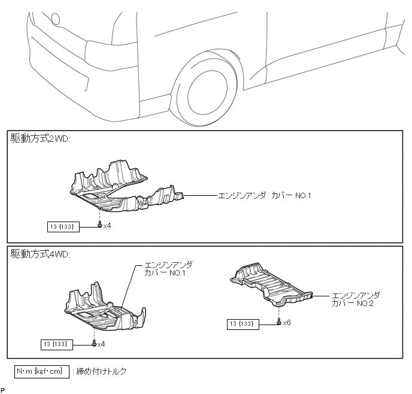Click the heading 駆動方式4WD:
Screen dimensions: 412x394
[x=41, y=254]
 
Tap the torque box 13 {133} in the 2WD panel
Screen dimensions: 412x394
[x=63, y=226]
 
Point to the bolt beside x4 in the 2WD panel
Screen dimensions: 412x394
[x=99, y=225]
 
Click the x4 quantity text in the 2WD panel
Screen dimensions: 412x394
[x=107, y=226]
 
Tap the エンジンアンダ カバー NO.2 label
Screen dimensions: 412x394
[x=356, y=299]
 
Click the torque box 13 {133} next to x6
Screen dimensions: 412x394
[x=243, y=324]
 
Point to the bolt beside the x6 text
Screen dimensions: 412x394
[x=279, y=323]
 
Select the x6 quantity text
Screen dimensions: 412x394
[x=287, y=323]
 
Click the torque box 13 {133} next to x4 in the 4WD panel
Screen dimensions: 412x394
[x=57, y=344]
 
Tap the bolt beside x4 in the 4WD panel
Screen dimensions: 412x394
[x=93, y=344]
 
